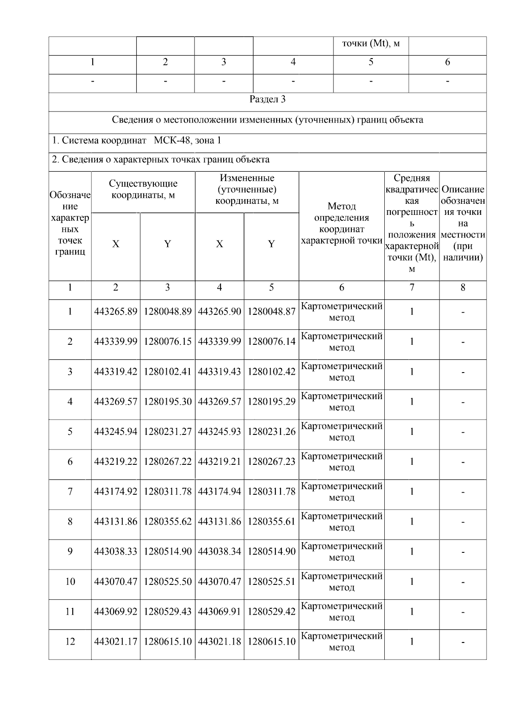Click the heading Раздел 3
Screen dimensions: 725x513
click(x=267, y=100)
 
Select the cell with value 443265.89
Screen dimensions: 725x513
click(x=115, y=312)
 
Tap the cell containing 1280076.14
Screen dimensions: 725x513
click(x=271, y=342)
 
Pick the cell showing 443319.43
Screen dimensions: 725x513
click(x=219, y=372)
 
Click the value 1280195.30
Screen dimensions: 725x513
click(x=168, y=402)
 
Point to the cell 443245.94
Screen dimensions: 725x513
click(x=115, y=431)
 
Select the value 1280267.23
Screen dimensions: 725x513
click(x=271, y=462)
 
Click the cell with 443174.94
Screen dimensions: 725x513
click(x=219, y=492)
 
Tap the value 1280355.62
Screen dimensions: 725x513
click(x=168, y=522)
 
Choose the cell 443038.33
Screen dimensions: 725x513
click(x=115, y=552)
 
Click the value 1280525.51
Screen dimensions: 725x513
click(x=271, y=582)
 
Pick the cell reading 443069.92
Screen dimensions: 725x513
click(x=115, y=612)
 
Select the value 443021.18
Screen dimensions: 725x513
click(x=219, y=642)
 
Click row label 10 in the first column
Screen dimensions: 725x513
click(x=70, y=582)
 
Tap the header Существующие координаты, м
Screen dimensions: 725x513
click(x=143, y=190)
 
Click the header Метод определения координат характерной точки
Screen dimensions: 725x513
click(x=341, y=223)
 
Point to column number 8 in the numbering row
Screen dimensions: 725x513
click(x=463, y=288)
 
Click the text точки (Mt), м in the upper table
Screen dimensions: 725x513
click(x=371, y=44)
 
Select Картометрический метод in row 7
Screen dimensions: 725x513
click(x=341, y=492)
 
